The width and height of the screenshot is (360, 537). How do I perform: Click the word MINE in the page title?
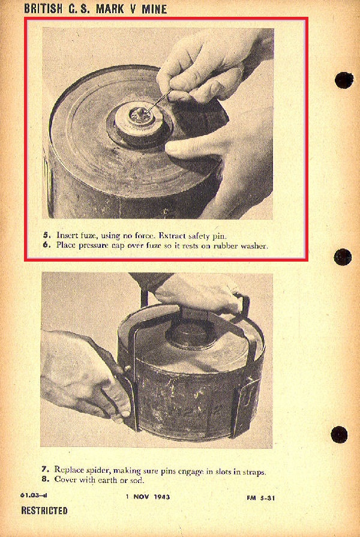(x=154, y=8)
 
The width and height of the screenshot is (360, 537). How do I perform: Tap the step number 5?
(x=46, y=236)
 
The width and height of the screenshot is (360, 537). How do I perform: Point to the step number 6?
(x=46, y=245)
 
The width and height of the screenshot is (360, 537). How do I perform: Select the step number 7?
(x=44, y=469)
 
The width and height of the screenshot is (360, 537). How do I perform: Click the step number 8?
(x=44, y=479)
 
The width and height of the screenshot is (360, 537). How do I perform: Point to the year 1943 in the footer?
(x=161, y=497)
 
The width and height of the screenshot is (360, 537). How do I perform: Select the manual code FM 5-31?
(x=260, y=497)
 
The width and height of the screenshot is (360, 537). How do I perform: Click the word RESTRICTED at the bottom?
(x=44, y=511)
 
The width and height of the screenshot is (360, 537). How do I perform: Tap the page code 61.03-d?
(x=34, y=495)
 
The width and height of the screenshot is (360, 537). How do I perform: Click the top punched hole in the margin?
(x=344, y=80)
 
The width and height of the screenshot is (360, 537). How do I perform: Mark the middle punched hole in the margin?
(x=343, y=257)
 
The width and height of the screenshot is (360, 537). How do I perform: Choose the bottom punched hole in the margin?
(x=339, y=434)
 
